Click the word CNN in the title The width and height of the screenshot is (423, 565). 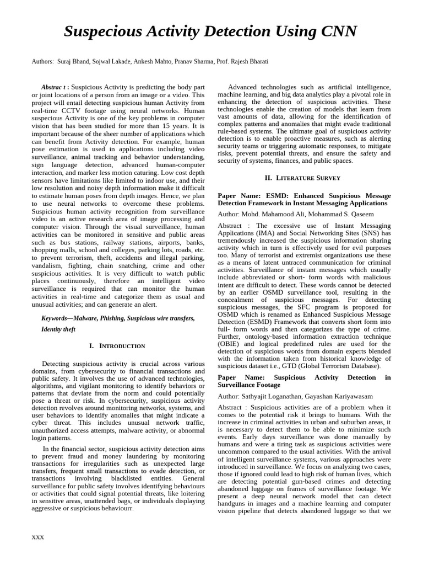(336, 32)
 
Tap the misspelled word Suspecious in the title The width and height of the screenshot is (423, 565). (103, 32)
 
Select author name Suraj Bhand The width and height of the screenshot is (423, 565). (74, 61)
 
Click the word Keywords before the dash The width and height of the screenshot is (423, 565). (57, 318)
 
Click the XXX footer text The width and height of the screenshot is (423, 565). (38, 537)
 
